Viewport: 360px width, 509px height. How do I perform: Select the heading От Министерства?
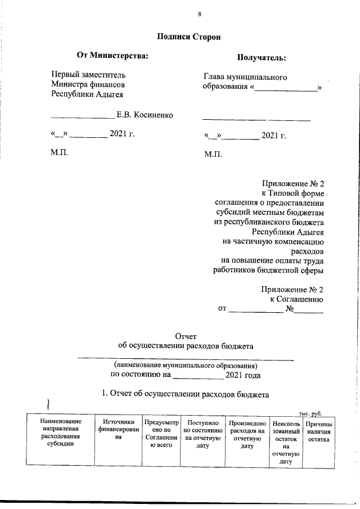[112, 55]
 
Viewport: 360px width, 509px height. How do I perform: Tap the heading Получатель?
[260, 57]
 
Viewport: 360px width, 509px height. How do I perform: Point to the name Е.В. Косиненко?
[145, 115]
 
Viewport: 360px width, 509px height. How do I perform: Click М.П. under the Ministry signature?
[59, 152]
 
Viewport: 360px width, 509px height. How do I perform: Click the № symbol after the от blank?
[291, 308]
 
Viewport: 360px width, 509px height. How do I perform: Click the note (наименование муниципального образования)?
[185, 364]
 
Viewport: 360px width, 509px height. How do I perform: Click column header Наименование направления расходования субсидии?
[57, 432]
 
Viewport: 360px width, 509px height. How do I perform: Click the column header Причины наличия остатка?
[318, 432]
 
